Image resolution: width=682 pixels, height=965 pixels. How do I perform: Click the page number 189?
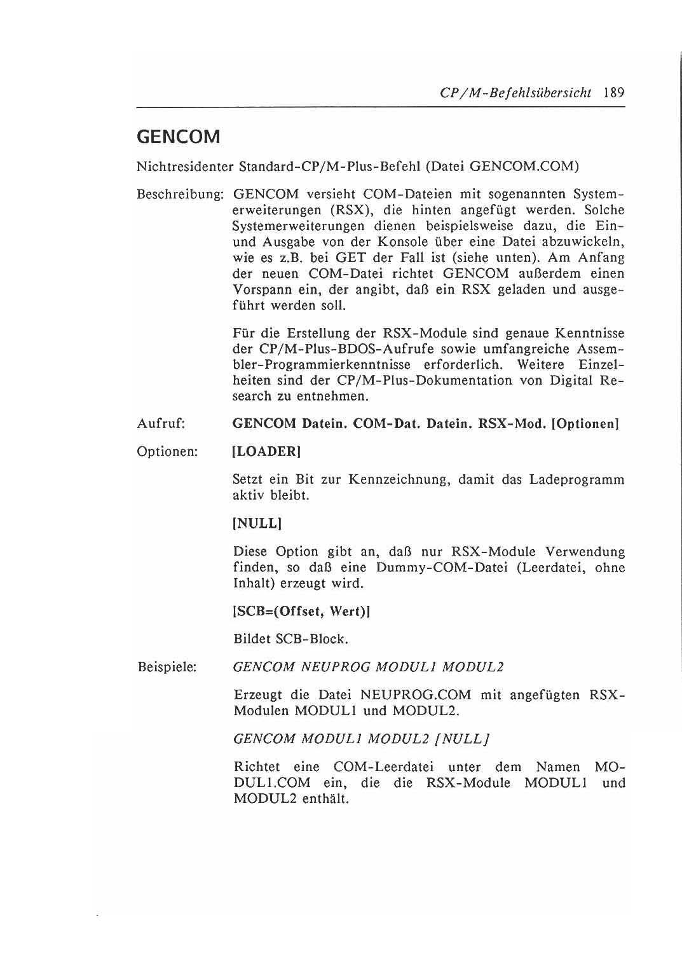pos(614,93)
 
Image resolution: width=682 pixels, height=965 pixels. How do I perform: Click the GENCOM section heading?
pos(179,137)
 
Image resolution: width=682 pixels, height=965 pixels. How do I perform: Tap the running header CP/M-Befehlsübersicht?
pos(515,93)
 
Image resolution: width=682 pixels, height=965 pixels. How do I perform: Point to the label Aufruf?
pos(161,424)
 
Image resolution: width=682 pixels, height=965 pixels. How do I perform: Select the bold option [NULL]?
pos(257,524)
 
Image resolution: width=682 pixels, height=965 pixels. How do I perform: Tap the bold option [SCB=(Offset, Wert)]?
pos(302,612)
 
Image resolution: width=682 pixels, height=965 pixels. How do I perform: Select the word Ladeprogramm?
pos(576,480)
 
